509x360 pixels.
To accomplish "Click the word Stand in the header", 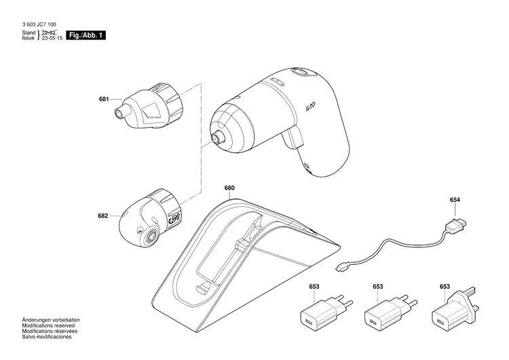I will (29, 33).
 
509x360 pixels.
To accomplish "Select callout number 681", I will (103, 99).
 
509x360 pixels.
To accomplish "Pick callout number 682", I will (102, 216).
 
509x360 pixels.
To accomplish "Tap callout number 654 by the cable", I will (455, 200).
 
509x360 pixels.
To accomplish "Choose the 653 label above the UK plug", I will (444, 287).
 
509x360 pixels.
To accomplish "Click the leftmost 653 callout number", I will (314, 287).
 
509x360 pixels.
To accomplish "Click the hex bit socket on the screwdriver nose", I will (218, 139).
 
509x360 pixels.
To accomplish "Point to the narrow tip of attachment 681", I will (121, 109).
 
